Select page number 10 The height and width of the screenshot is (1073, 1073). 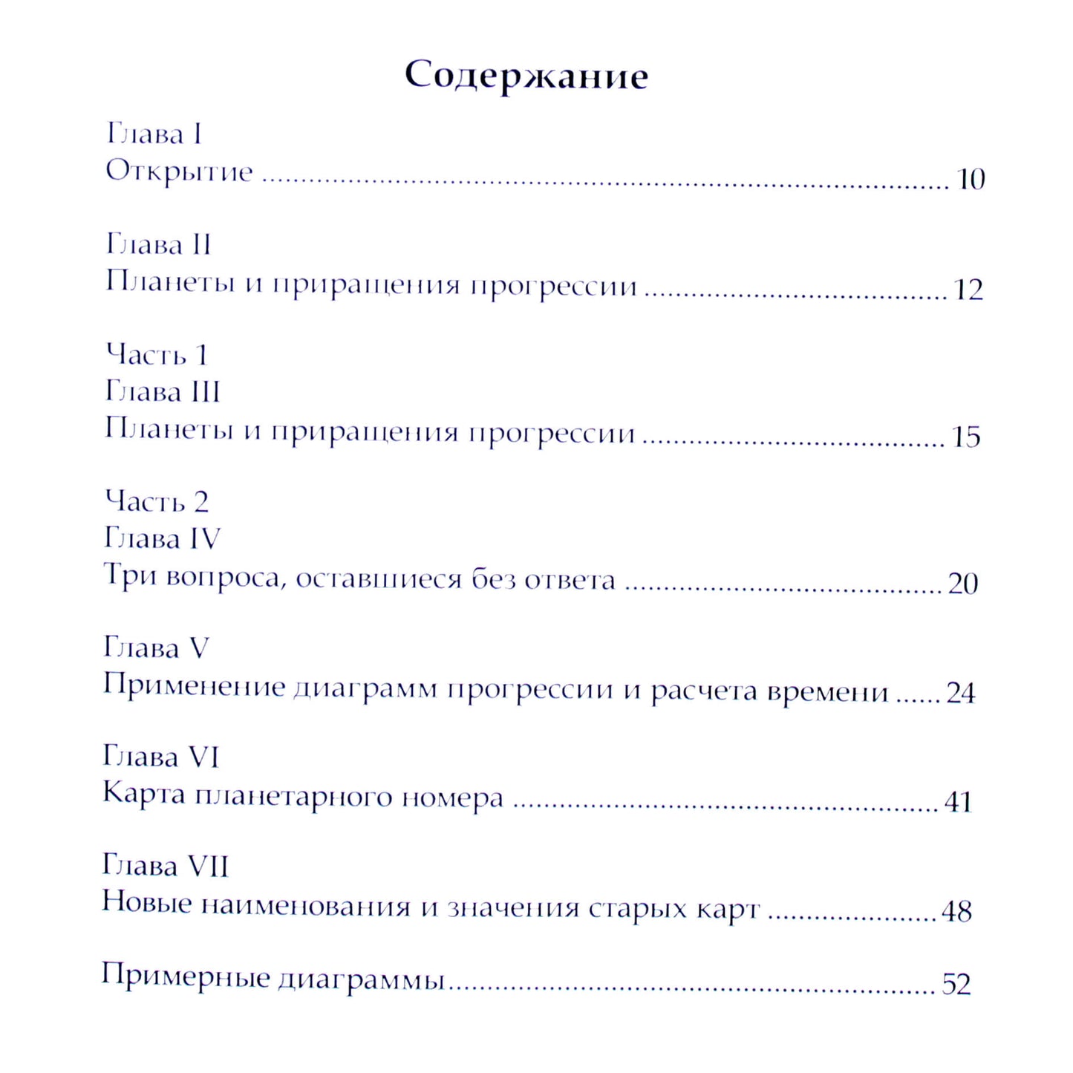[x=971, y=180]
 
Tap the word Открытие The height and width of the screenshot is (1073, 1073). [x=179, y=172]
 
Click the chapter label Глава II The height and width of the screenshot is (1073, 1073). [x=158, y=244]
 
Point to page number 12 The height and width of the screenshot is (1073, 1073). [x=968, y=290]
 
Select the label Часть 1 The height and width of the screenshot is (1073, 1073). [x=157, y=355]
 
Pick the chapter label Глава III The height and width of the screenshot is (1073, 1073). [x=162, y=391]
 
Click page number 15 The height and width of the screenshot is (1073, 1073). [x=966, y=437]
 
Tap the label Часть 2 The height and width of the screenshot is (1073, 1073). [x=156, y=502]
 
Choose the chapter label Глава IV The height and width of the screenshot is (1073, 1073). [x=162, y=538]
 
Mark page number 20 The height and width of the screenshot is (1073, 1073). [x=963, y=584]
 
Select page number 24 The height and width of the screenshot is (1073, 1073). [x=960, y=693]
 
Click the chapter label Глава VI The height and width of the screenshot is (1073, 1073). [x=160, y=757]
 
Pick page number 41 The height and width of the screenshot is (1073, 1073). [x=958, y=802]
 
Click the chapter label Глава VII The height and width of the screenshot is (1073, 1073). [x=165, y=866]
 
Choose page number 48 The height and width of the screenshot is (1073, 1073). [x=956, y=911]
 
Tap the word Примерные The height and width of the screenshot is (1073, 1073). [x=186, y=976]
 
